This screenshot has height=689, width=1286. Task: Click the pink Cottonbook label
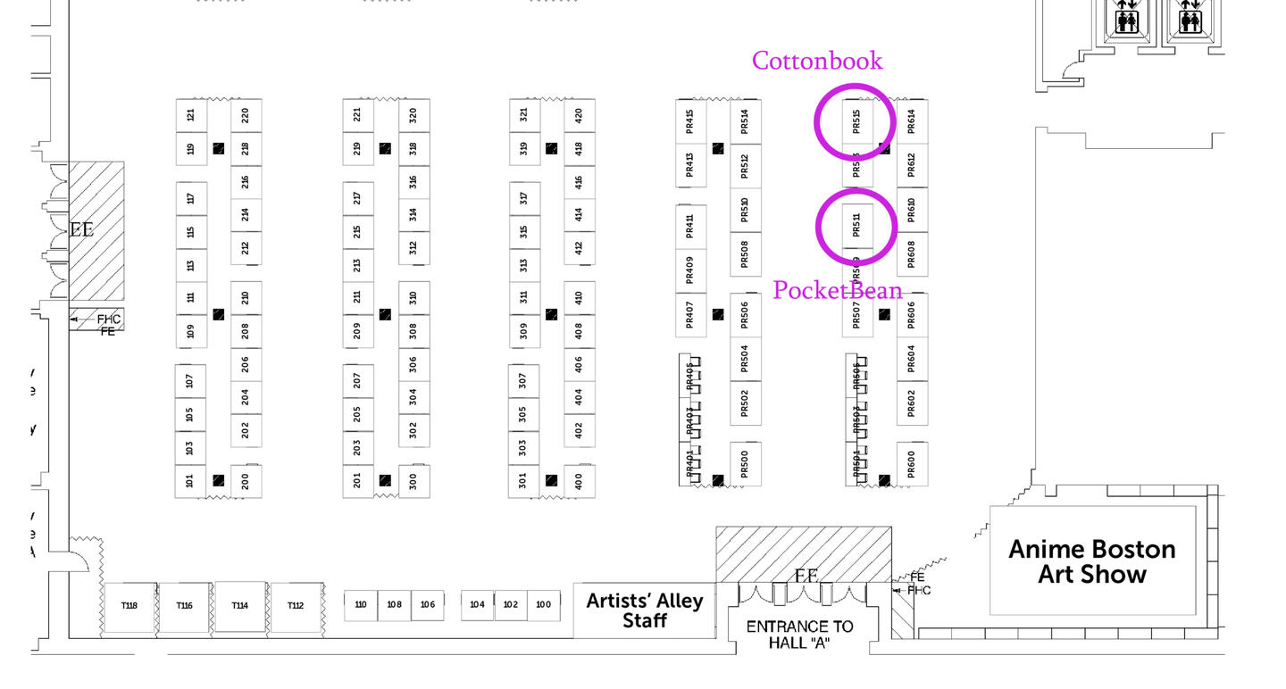click(817, 60)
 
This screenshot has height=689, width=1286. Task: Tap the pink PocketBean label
click(837, 290)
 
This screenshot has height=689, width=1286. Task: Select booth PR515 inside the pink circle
click(856, 120)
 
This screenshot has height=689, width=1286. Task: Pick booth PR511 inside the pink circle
click(856, 225)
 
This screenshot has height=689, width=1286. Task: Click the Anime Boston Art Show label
click(1091, 561)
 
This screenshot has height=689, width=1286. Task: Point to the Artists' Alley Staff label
click(644, 610)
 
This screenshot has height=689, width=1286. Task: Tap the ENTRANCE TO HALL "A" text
click(799, 634)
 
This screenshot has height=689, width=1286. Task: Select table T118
click(129, 606)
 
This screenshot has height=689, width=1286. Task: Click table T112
click(296, 606)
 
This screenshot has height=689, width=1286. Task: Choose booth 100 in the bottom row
click(543, 605)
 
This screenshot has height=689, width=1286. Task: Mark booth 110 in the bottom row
click(360, 605)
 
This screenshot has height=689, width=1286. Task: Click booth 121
click(190, 115)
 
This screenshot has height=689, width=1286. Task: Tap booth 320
click(413, 115)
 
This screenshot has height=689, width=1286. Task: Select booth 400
click(580, 480)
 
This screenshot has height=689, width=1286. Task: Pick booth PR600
click(912, 464)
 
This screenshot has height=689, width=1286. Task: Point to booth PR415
click(690, 120)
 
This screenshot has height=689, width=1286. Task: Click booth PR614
click(912, 120)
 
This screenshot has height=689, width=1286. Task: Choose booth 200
click(246, 480)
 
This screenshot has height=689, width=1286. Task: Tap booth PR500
click(745, 464)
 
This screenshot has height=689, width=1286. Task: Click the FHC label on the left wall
click(109, 319)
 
